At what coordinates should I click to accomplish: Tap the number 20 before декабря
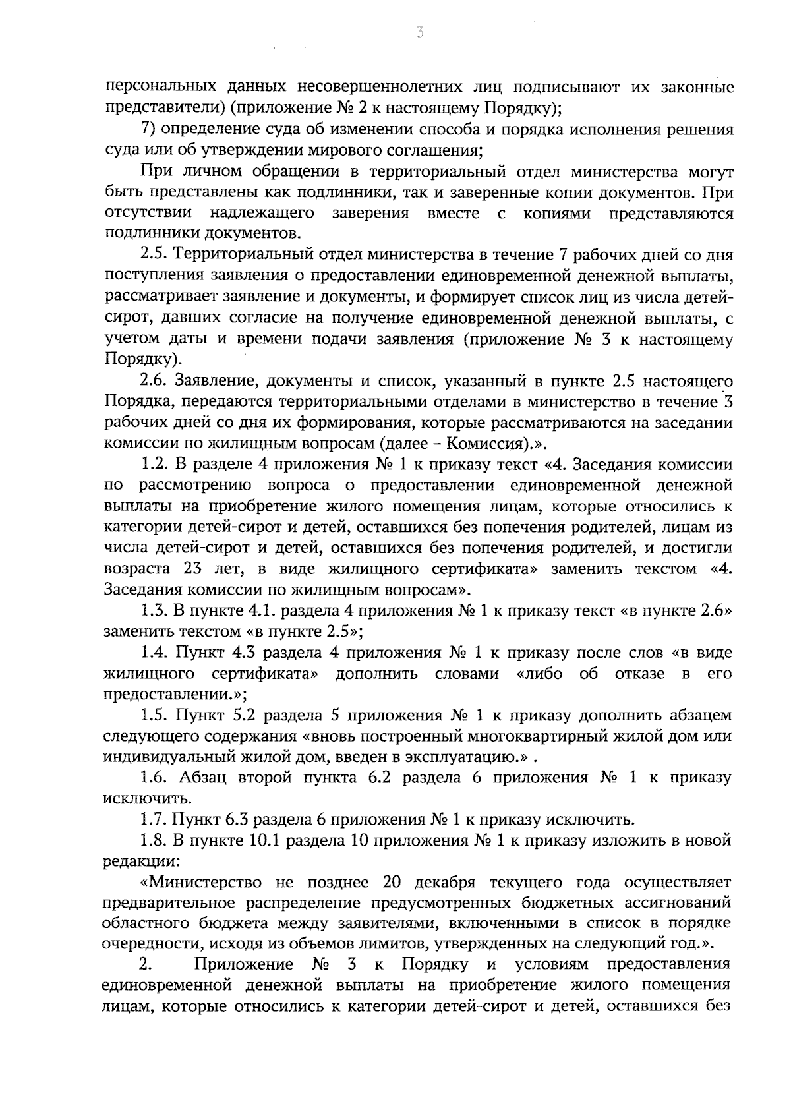click(394, 883)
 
